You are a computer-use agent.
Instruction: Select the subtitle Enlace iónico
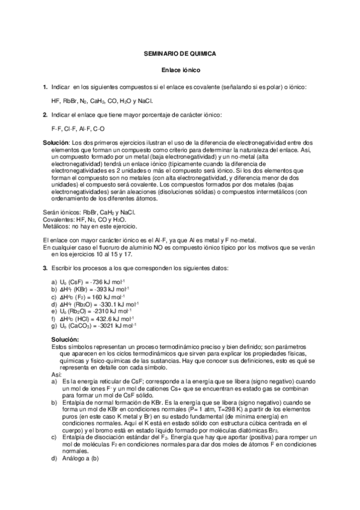pos(180,70)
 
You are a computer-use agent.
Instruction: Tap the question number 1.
pos(45,88)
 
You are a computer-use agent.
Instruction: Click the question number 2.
pos(45,114)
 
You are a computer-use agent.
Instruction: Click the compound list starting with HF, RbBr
pos(102,101)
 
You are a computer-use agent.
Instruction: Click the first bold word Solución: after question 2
pos(56,142)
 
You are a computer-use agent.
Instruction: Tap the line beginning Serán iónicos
pos(89,212)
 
